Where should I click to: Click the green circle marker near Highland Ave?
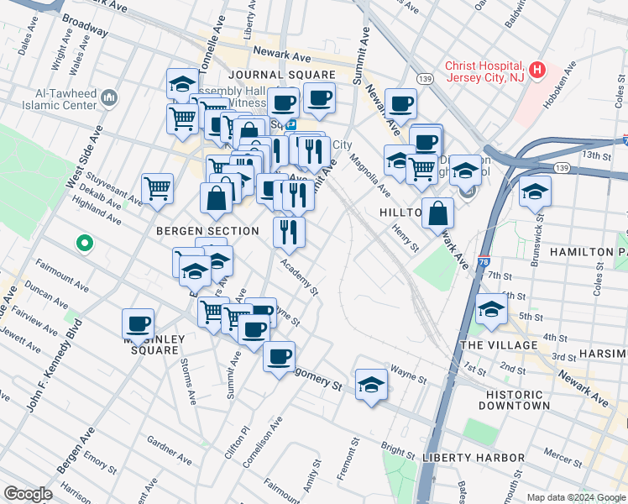84,244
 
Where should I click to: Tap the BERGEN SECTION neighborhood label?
207,230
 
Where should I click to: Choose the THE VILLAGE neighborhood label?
499,345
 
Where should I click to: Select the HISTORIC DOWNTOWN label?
515,398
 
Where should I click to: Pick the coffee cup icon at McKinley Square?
138,323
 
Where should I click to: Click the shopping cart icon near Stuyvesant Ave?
157,188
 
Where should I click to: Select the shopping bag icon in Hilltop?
437,213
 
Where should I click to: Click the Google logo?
29,493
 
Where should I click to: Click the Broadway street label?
86,25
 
